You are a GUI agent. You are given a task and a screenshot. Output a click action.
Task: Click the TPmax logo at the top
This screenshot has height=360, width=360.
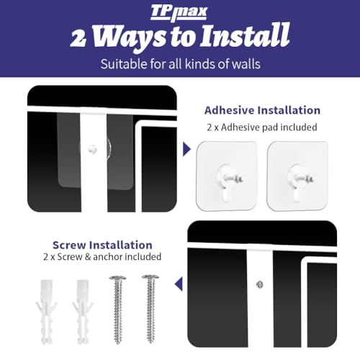pos(179,12)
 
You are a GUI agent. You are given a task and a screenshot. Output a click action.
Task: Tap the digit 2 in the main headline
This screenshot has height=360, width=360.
pos(78,38)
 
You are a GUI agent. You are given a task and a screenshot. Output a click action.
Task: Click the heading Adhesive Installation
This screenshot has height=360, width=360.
pos(262,110)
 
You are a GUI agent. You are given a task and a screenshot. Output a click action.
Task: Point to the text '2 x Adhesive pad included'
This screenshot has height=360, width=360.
pos(262,127)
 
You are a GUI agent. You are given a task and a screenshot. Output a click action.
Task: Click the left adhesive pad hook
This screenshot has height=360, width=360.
pos(227,176)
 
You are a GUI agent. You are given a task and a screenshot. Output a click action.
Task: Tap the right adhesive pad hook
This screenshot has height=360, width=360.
pos(297,176)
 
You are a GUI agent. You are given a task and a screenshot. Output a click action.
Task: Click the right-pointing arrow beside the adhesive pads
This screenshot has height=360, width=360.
pos(186,149)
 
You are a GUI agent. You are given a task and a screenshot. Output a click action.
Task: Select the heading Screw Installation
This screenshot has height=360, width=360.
pos(102,245)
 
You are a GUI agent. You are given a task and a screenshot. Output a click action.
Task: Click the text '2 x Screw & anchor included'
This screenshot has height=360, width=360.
pos(102,257)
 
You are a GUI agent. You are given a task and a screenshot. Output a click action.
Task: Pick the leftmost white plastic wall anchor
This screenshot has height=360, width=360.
pos(46,312)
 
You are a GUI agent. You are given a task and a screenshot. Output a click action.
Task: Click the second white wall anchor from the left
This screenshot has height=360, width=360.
pos(83,312)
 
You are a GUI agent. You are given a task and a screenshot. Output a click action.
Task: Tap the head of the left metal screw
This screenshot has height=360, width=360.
pos(117,279)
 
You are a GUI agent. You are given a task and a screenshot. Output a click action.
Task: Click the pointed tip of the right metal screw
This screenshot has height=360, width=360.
pos(150,342)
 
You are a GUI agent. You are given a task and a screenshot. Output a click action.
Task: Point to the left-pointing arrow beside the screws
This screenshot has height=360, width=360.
pos(179,284)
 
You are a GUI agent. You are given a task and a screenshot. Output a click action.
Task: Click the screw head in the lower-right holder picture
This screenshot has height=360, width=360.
pos(260,284)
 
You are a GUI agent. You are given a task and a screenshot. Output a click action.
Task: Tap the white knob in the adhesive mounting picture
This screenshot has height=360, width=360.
pos(92,149)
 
